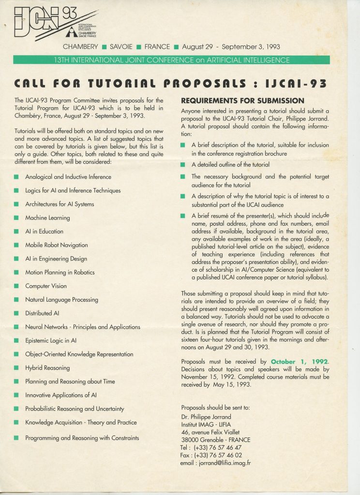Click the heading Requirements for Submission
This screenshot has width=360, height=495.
click(x=242, y=101)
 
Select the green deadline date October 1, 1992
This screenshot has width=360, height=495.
click(x=299, y=362)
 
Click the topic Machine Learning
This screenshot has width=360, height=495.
click(x=47, y=218)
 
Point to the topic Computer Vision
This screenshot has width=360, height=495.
click(x=46, y=286)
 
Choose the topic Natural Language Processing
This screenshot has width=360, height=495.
click(x=61, y=300)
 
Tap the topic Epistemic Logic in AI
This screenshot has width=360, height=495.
click(x=51, y=340)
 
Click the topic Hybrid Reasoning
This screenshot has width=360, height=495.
click(x=47, y=368)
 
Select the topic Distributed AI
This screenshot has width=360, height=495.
click(x=42, y=313)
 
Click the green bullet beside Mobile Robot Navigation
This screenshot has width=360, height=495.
click(x=16, y=245)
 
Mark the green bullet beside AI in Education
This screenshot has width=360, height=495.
click(x=16, y=232)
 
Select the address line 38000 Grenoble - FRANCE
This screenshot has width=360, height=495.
click(x=215, y=440)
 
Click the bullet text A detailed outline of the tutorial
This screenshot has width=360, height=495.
click(x=230, y=164)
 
